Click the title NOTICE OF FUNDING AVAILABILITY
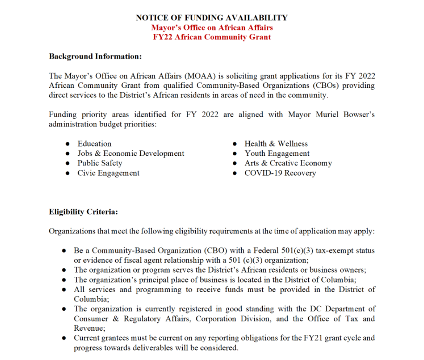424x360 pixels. tap(212, 18)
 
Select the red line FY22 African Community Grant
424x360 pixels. tap(212, 37)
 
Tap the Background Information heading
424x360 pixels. tap(95, 56)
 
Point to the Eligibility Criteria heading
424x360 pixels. tap(83, 212)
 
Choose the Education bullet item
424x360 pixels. tap(94, 144)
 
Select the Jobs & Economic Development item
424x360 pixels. tap(131, 153)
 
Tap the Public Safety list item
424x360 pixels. tap(99, 163)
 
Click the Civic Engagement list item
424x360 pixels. tap(108, 173)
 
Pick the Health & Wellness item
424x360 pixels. tap(276, 144)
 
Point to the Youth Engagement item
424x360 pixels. tap(277, 153)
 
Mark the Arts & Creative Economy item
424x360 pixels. tap(288, 163)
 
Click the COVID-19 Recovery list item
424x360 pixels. tap(280, 173)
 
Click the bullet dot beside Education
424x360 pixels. tap(68, 144)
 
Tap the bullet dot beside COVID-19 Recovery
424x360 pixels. tap(235, 173)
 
